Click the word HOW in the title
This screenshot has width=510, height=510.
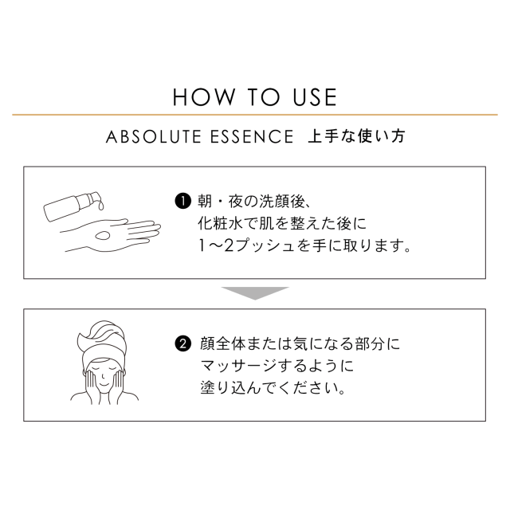coord(204,97)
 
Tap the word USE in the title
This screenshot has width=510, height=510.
coord(315,97)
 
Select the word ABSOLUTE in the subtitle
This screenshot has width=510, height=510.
coord(154,136)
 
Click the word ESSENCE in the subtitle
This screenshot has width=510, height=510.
coord(252,136)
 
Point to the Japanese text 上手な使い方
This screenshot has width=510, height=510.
coord(356,136)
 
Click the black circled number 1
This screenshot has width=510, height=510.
coord(182,202)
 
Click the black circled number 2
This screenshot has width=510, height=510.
coord(182,343)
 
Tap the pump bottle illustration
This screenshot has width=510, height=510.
coord(71,206)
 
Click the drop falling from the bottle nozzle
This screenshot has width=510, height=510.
coord(101,206)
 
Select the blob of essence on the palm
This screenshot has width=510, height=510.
coord(103,235)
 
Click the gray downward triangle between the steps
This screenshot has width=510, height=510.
coord(255,293)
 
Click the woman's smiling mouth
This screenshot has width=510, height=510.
coord(103,384)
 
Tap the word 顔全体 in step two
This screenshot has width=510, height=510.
coord(223,343)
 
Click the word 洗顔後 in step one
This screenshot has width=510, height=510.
coord(282,202)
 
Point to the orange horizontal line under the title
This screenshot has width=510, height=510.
coord(255,115)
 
